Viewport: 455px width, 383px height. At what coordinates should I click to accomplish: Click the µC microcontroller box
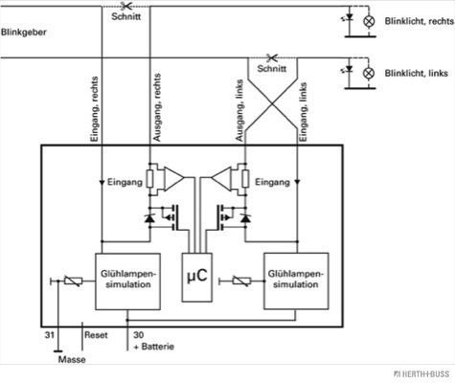coord(197,277)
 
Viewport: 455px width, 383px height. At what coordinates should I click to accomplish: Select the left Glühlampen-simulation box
coord(127,282)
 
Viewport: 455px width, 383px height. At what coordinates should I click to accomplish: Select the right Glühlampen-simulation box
coord(296,281)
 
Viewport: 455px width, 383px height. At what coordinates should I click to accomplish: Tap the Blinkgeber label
coord(24,33)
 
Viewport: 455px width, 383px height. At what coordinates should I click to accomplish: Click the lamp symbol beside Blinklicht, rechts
coord(369,21)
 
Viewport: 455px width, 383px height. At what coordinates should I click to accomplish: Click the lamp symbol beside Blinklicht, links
coord(369,73)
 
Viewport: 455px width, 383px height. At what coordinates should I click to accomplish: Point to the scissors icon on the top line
coord(126,6)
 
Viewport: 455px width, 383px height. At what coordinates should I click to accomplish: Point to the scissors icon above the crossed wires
coord(272,57)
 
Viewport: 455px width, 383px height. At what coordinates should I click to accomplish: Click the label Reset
coord(96,335)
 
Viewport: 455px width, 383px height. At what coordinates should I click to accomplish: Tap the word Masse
coord(72,359)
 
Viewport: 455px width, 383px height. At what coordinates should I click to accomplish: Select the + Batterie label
coord(154,347)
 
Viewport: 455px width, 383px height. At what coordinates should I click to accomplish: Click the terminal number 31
coord(49,335)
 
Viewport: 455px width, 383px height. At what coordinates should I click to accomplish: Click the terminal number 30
coord(139,335)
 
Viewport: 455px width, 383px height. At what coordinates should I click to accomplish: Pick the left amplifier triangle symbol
coord(174,178)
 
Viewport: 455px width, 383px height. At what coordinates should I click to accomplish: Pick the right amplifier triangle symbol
coord(221,178)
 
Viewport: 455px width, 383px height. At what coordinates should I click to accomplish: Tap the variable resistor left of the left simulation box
coord(73,282)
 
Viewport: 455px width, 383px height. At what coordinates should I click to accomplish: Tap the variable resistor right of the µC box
coord(241,282)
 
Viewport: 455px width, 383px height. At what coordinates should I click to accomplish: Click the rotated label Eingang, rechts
coord(95,109)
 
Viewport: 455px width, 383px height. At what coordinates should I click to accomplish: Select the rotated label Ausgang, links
coord(239,110)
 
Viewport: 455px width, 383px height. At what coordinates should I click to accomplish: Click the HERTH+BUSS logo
coord(421,373)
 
